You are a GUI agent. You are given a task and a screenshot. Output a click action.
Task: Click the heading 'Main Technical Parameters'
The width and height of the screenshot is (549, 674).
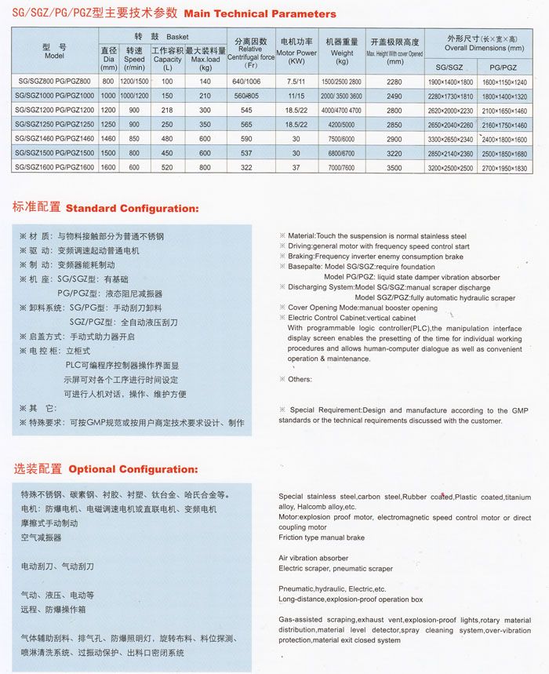click(259, 13)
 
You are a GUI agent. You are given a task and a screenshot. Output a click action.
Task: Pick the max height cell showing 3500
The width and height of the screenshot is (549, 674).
click(394, 167)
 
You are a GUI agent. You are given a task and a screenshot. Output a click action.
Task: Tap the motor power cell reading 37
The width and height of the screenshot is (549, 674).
click(296, 167)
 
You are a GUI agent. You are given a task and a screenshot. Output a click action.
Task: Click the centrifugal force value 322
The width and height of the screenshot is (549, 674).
click(247, 167)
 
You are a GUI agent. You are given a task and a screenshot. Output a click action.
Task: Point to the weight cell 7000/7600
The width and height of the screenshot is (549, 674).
click(342, 167)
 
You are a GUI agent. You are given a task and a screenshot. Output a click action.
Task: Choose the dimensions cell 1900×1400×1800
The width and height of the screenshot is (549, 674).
click(450, 82)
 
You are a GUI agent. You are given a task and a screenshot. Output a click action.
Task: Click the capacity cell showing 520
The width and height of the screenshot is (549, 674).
click(167, 167)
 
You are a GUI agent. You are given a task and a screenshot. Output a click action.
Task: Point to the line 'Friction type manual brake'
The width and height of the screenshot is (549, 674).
click(322, 538)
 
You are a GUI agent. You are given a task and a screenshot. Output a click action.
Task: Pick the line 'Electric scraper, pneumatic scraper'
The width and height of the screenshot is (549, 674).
click(336, 568)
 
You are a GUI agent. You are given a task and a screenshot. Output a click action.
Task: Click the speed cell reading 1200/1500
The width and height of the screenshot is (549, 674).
click(134, 82)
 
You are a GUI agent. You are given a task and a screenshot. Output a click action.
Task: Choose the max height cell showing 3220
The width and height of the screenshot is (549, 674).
click(394, 153)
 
